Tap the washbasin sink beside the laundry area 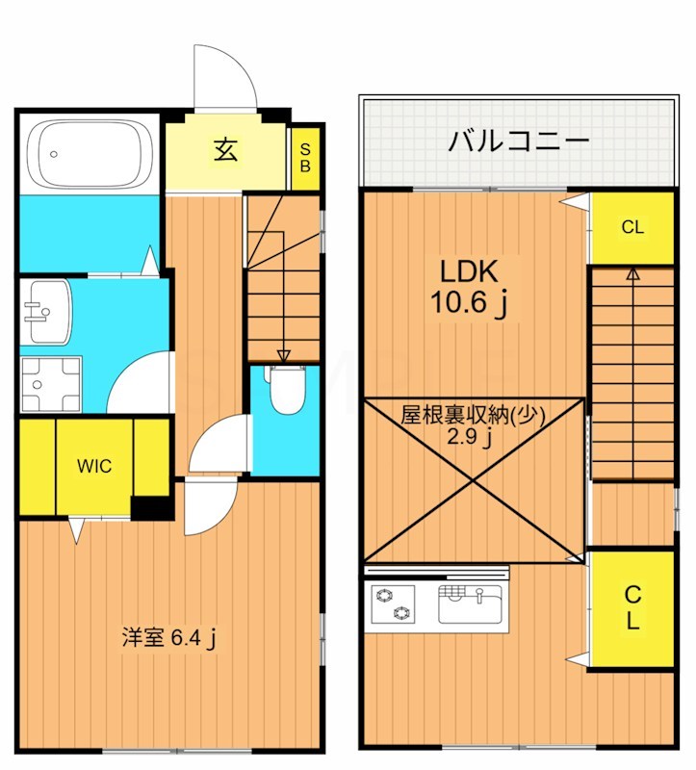(45, 311)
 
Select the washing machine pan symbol (50, 383)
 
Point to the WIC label (94, 467)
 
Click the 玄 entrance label (226, 151)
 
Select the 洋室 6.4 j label (168, 636)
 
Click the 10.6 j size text (469, 304)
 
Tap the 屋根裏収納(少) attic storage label (473, 416)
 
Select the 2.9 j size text (473, 439)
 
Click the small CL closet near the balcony (632, 228)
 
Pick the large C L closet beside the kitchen (632, 607)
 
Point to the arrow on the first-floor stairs (283, 356)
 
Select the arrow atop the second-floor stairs (632, 274)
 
